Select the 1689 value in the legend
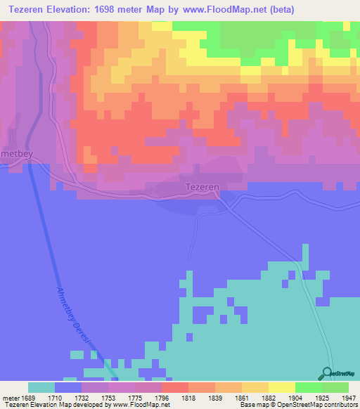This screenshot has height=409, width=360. click(27, 398)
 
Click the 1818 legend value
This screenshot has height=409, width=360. click(188, 398)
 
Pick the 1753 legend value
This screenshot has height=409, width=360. click(108, 398)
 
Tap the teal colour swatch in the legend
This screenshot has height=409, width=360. click(41, 387)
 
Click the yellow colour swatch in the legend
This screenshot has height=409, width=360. click(282, 387)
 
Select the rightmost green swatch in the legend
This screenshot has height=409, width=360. click(335, 387)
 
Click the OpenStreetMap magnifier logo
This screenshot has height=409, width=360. click(328, 373)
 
